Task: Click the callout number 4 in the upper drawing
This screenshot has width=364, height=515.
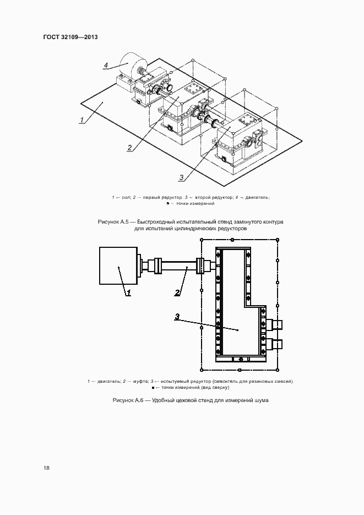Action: pyautogui.click(x=106, y=65)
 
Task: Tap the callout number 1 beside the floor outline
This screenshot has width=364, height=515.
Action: pyautogui.click(x=82, y=120)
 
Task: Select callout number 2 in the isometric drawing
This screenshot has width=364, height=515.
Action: pyautogui.click(x=129, y=147)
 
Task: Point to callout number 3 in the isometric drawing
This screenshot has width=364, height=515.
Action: pyautogui.click(x=181, y=177)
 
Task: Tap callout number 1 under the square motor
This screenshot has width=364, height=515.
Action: pyautogui.click(x=128, y=293)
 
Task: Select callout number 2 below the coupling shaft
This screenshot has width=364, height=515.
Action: pyautogui.click(x=178, y=292)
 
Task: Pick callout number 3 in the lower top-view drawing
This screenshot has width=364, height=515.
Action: pyautogui.click(x=177, y=316)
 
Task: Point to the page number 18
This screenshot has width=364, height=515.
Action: pyautogui.click(x=46, y=468)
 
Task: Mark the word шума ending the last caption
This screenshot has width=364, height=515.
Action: pyautogui.click(x=260, y=399)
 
